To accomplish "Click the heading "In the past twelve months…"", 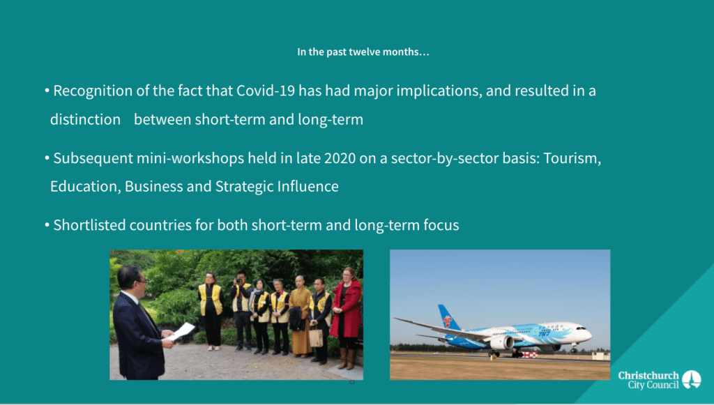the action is [x=363, y=52].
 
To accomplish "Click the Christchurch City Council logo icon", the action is [x=691, y=379].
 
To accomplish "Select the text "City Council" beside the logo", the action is [x=653, y=385].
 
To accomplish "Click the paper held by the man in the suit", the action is [x=181, y=331].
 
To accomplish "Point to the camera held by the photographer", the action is [x=238, y=280].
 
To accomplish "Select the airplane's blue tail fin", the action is [x=448, y=319].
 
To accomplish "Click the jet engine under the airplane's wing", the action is [x=502, y=343].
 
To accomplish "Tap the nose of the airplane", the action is [x=588, y=335].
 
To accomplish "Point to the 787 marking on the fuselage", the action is [x=545, y=334].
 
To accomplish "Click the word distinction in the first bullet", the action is [x=85, y=119].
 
